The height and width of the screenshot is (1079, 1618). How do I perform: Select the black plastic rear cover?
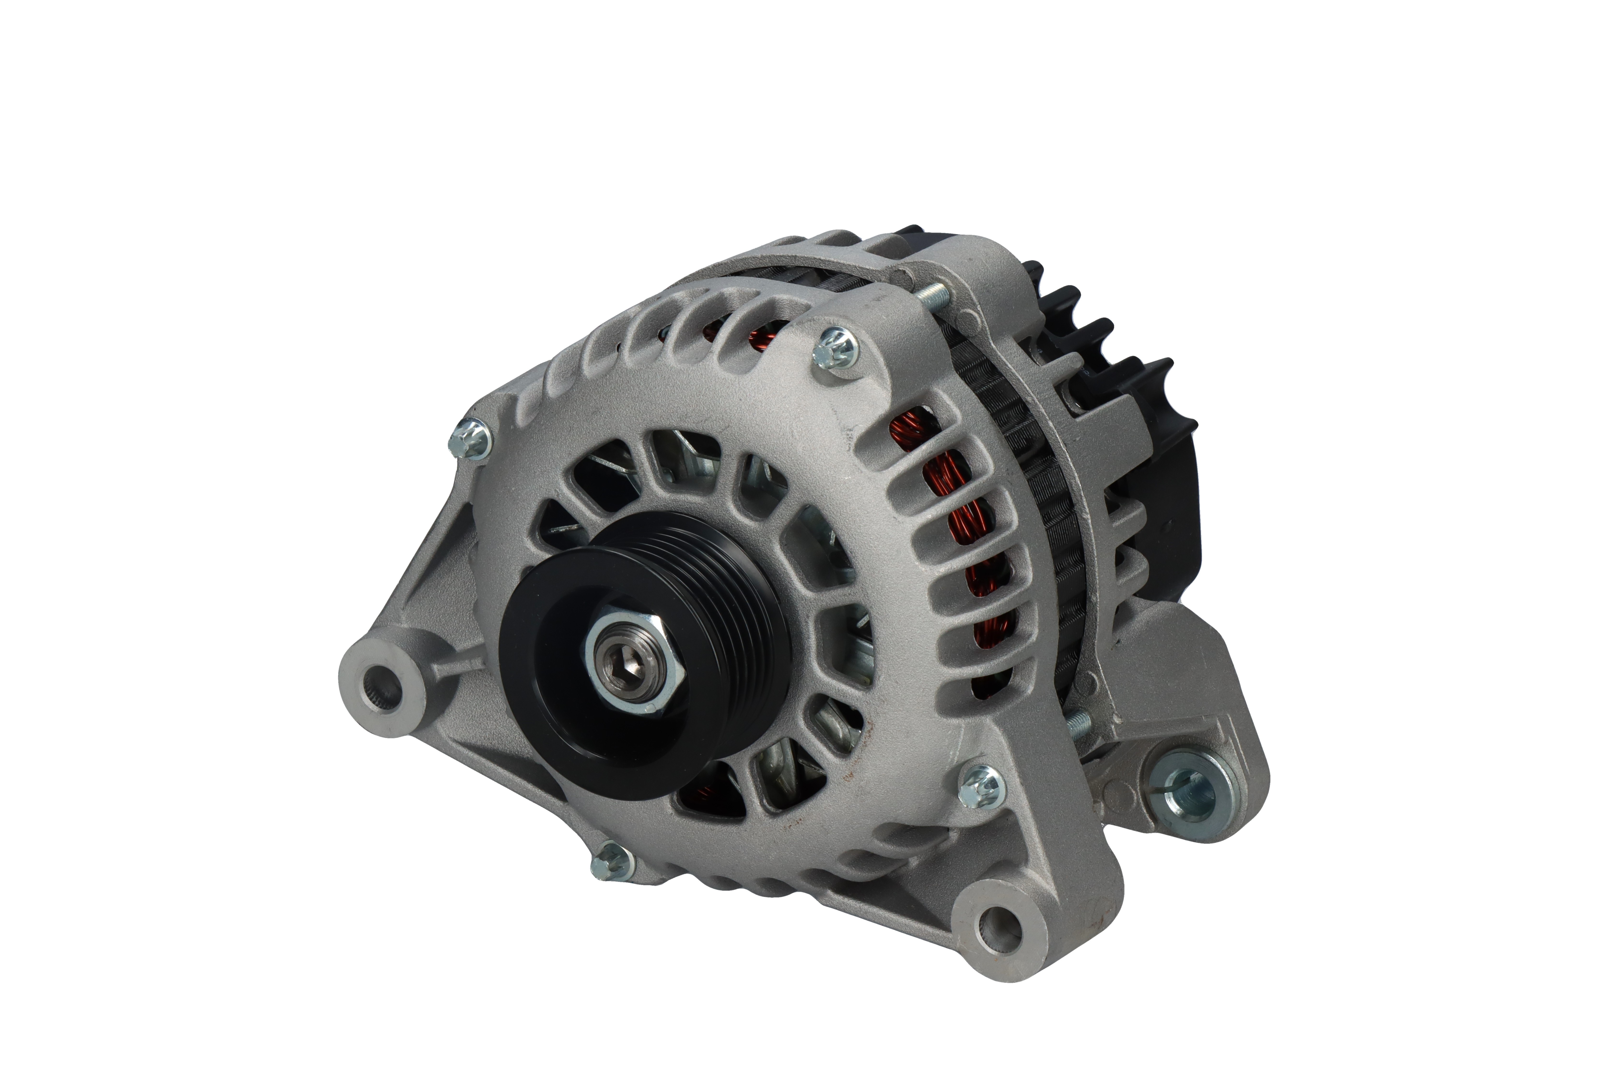pos(1163,523)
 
